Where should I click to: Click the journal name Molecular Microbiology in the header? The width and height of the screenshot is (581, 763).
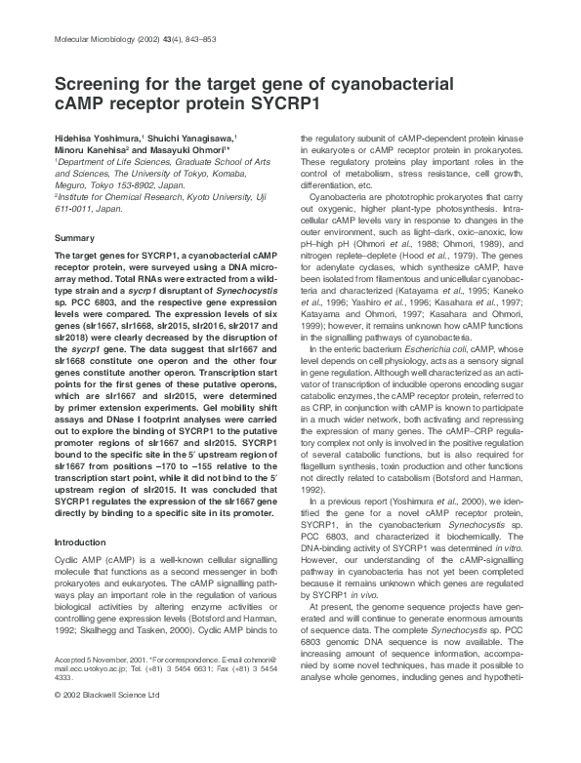click(x=85, y=39)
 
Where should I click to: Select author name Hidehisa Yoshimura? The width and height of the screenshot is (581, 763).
click(x=95, y=139)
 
